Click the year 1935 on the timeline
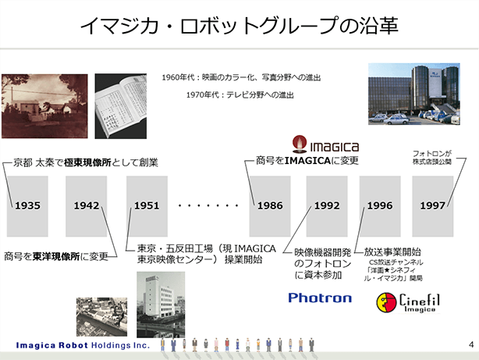pyautogui.click(x=27, y=205)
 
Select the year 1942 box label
pyautogui.click(x=87, y=205)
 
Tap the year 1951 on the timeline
pyautogui.click(x=147, y=205)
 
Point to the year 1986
pyautogui.click(x=270, y=205)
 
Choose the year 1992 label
pyautogui.click(x=327, y=205)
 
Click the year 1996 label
pyautogui.click(x=380, y=205)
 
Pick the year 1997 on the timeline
pyautogui.click(x=432, y=205)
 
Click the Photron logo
pyautogui.click(x=320, y=298)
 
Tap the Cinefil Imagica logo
pyautogui.click(x=408, y=302)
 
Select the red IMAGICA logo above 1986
pyautogui.click(x=325, y=144)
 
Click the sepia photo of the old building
pyautogui.click(x=44, y=106)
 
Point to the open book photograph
pyautogui.click(x=121, y=106)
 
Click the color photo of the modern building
pyautogui.click(x=414, y=94)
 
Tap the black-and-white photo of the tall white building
pyautogui.click(x=161, y=305)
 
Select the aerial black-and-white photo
pyautogui.click(x=101, y=317)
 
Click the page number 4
pyautogui.click(x=471, y=344)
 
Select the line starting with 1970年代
pyautogui.click(x=239, y=94)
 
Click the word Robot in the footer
pyautogui.click(x=73, y=345)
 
